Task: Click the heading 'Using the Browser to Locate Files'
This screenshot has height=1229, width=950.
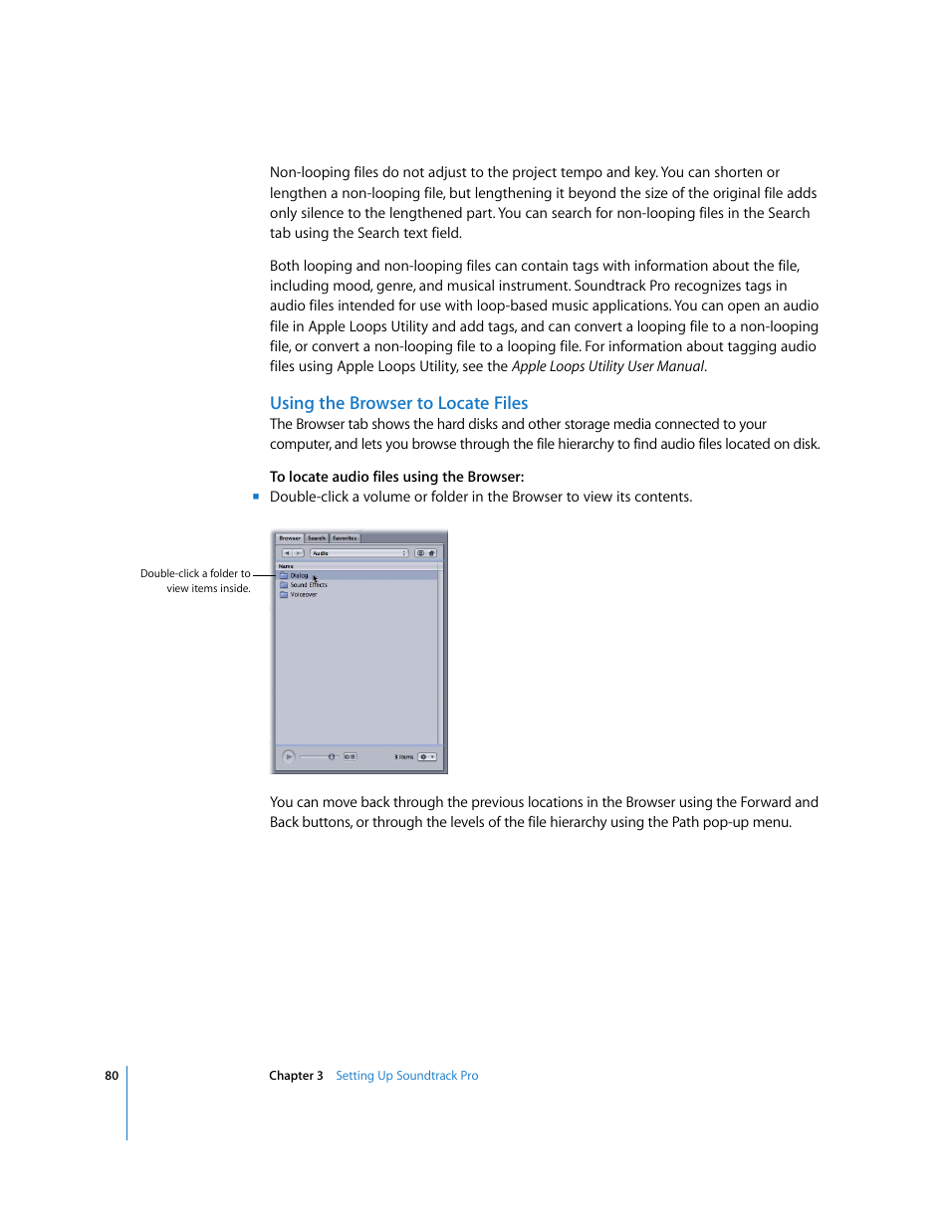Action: tap(398, 403)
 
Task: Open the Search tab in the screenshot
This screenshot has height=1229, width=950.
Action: tap(317, 538)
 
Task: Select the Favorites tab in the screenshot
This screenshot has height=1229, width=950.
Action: tap(345, 538)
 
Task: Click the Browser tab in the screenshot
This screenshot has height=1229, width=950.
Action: tap(290, 538)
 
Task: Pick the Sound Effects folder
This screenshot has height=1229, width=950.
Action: tap(308, 585)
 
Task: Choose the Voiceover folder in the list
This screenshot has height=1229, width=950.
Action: tap(303, 595)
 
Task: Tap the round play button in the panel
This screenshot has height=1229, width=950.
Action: tap(289, 757)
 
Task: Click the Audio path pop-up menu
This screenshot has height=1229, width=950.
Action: tap(358, 553)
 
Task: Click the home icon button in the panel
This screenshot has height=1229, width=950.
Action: tap(432, 553)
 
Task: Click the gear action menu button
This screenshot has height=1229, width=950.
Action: tap(426, 757)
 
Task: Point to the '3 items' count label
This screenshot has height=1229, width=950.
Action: tap(403, 757)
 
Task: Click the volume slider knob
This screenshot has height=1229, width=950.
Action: tap(332, 757)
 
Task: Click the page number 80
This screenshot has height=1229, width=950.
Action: tap(112, 1076)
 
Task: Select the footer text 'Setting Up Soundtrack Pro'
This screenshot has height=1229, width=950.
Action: tap(406, 1076)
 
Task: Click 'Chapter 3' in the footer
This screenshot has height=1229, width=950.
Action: tap(296, 1076)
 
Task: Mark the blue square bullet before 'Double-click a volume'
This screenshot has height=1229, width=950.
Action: tap(256, 497)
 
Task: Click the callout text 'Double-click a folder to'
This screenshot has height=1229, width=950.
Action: tap(195, 574)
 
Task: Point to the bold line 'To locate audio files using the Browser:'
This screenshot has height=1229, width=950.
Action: tap(396, 477)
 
